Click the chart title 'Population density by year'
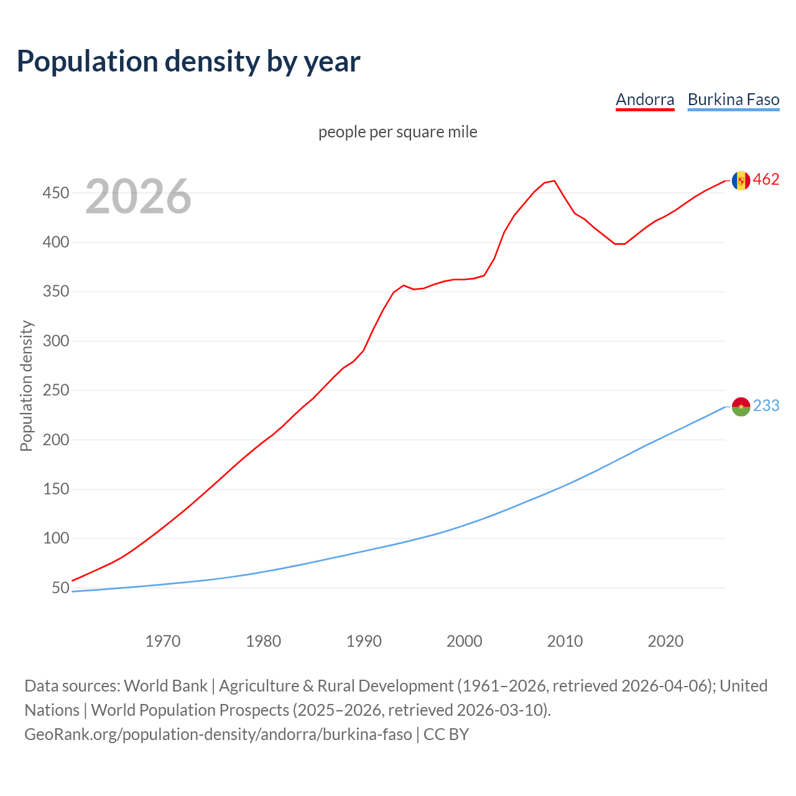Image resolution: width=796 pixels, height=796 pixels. click(188, 62)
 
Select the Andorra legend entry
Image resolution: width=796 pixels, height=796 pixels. click(645, 99)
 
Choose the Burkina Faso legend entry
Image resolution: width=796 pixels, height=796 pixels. click(733, 99)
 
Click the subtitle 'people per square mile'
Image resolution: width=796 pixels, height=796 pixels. click(397, 132)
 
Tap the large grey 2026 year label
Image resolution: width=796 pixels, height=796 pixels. click(138, 197)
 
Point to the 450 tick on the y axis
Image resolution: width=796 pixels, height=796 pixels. click(55, 193)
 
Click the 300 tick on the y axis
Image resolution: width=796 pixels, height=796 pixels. click(55, 341)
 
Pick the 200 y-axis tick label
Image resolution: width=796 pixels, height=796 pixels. click(55, 440)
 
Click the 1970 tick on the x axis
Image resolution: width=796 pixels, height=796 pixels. click(163, 641)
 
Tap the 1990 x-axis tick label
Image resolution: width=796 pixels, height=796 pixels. click(364, 641)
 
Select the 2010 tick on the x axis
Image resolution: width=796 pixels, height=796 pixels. click(565, 641)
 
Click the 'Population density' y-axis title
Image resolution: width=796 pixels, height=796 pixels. click(26, 386)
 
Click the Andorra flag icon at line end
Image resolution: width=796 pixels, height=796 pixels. click(741, 180)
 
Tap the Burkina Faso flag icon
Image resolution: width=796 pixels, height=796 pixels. click(741, 407)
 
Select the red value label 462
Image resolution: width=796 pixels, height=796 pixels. click(766, 180)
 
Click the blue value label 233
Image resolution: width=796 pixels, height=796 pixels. click(766, 406)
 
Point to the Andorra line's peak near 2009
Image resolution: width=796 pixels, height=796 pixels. click(554, 181)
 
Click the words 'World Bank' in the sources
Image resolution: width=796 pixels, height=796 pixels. click(165, 686)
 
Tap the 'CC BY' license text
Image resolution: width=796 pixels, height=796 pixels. click(446, 734)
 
